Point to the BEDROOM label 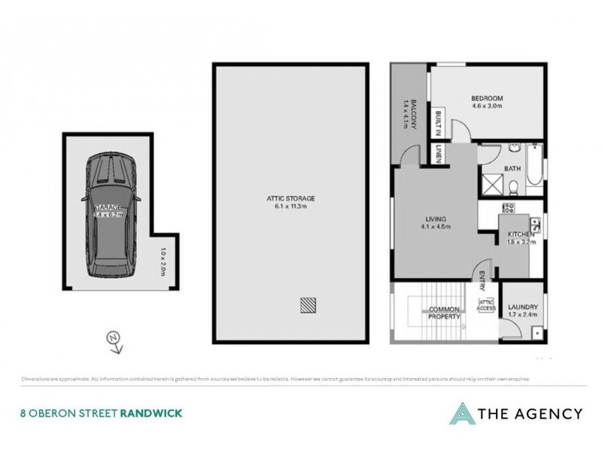(x=486, y=98)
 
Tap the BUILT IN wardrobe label (x=438, y=122)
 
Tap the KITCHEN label (x=520, y=235)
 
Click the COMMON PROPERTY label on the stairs (x=444, y=313)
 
